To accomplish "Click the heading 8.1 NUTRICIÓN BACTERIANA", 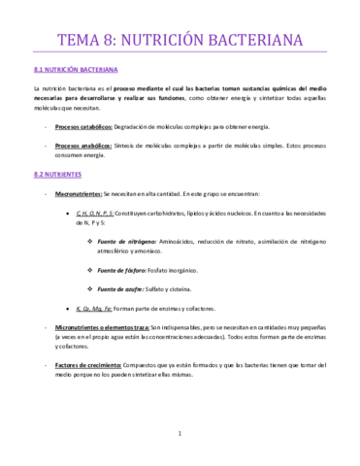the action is [x=76, y=71].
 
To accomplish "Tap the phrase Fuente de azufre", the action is [x=125, y=288].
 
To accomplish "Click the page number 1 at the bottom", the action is [x=180, y=433].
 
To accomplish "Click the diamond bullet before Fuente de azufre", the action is [x=90, y=288].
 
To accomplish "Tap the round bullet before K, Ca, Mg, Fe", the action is [x=67, y=308].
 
